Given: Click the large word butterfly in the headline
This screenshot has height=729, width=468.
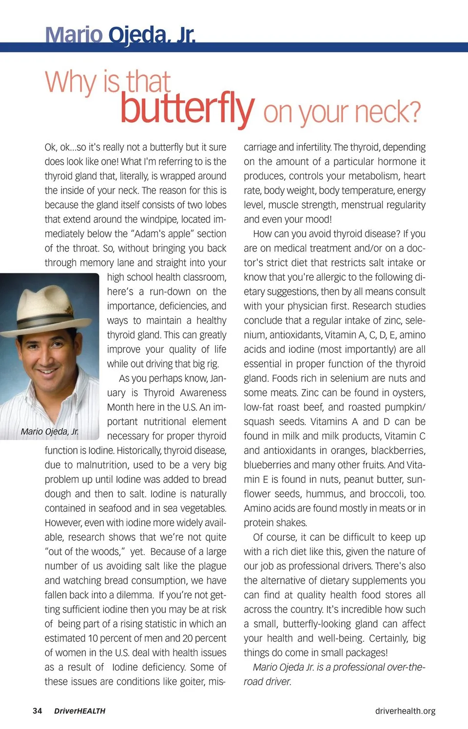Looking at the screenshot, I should [x=187, y=108].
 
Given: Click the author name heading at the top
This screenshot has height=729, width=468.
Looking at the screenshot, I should [x=120, y=35].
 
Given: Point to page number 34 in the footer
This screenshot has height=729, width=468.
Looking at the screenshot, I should [x=37, y=710].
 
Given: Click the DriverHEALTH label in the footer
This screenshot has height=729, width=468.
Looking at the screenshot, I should [x=79, y=711].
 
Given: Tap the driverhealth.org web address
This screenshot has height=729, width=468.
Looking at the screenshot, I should [x=405, y=711].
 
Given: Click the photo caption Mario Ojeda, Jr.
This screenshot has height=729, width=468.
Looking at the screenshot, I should [x=50, y=431].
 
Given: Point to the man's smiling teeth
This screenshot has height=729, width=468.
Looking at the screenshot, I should [x=47, y=371].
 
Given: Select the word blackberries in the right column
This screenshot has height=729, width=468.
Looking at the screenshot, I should [x=397, y=450].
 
